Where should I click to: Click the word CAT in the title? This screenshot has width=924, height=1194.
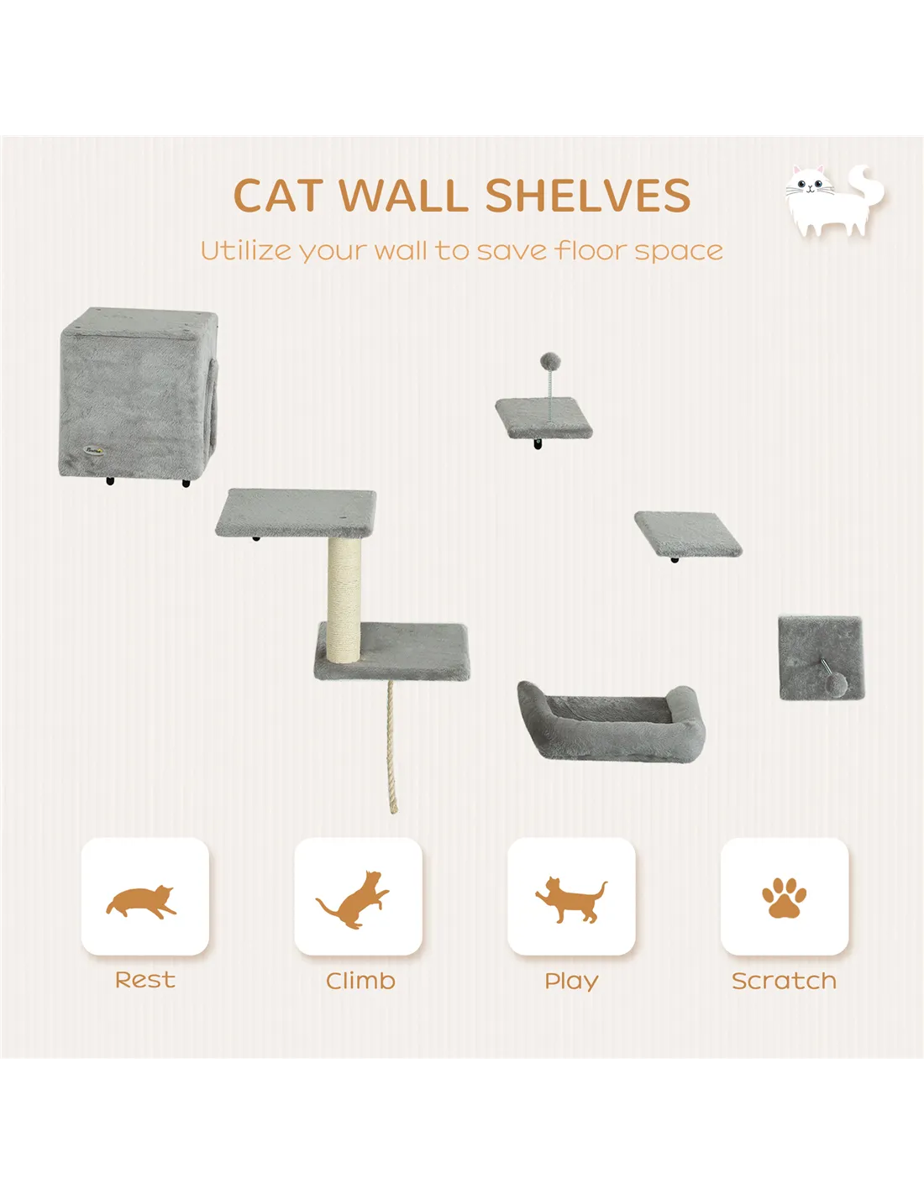click(x=277, y=195)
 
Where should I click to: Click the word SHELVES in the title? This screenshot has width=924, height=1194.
click(x=588, y=195)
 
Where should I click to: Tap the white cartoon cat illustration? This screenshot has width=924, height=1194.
click(x=833, y=200)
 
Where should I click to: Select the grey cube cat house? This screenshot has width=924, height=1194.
click(x=139, y=394)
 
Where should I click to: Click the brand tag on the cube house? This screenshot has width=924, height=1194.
click(x=93, y=450)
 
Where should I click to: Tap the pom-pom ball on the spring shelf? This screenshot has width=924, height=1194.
click(x=549, y=362)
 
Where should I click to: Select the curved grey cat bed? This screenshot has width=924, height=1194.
click(x=612, y=721)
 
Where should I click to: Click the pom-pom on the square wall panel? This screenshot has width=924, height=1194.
click(x=837, y=683)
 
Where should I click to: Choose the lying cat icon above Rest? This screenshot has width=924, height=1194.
click(x=141, y=902)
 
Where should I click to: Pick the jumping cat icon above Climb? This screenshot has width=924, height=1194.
click(x=352, y=899)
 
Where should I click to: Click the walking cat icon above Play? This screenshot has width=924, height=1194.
click(x=571, y=900)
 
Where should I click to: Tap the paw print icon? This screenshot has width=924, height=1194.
click(x=784, y=898)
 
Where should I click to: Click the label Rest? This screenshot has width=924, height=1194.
click(x=145, y=980)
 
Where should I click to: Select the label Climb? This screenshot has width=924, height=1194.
click(x=360, y=981)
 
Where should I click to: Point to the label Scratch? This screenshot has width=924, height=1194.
click(x=784, y=981)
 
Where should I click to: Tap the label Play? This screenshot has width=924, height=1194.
click(x=571, y=982)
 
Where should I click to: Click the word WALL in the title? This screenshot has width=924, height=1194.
click(x=403, y=195)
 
